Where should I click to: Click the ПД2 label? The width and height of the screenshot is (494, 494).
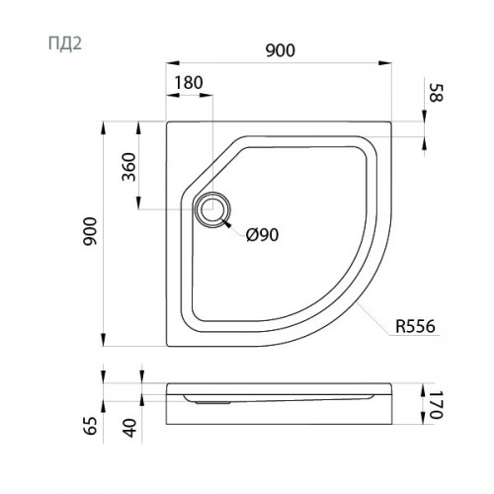point(65,43)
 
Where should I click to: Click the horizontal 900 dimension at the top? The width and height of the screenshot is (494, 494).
point(281,50)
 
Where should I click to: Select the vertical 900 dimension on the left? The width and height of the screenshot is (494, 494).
point(90,231)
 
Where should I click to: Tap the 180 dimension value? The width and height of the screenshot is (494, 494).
point(189,83)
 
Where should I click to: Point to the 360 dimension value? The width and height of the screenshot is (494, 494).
point(128,167)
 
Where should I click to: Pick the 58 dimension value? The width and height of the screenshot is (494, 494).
point(437,93)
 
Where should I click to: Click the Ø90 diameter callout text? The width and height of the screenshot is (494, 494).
point(263,235)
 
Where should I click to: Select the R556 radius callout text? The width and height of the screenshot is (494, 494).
point(415,326)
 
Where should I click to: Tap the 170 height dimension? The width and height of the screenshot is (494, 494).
point(437,405)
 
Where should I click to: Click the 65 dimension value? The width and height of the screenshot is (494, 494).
point(91,426)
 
